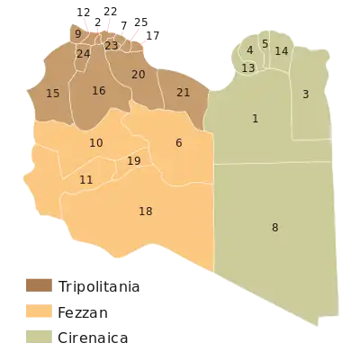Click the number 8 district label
point(275,228)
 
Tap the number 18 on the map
point(146,212)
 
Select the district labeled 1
point(256,119)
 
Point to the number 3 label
point(306,95)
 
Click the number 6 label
point(179,143)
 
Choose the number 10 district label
point(96,143)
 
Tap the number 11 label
point(86,180)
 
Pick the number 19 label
point(134,161)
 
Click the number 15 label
point(53,94)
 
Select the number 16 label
point(99,91)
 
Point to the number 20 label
point(139,75)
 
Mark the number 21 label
point(184,93)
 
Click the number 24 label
point(84,54)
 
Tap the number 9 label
point(78,34)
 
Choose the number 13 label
point(248,68)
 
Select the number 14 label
point(282,52)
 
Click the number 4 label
point(249,50)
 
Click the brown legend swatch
point(40,285)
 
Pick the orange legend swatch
point(40,312)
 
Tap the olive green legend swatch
point(40,337)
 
